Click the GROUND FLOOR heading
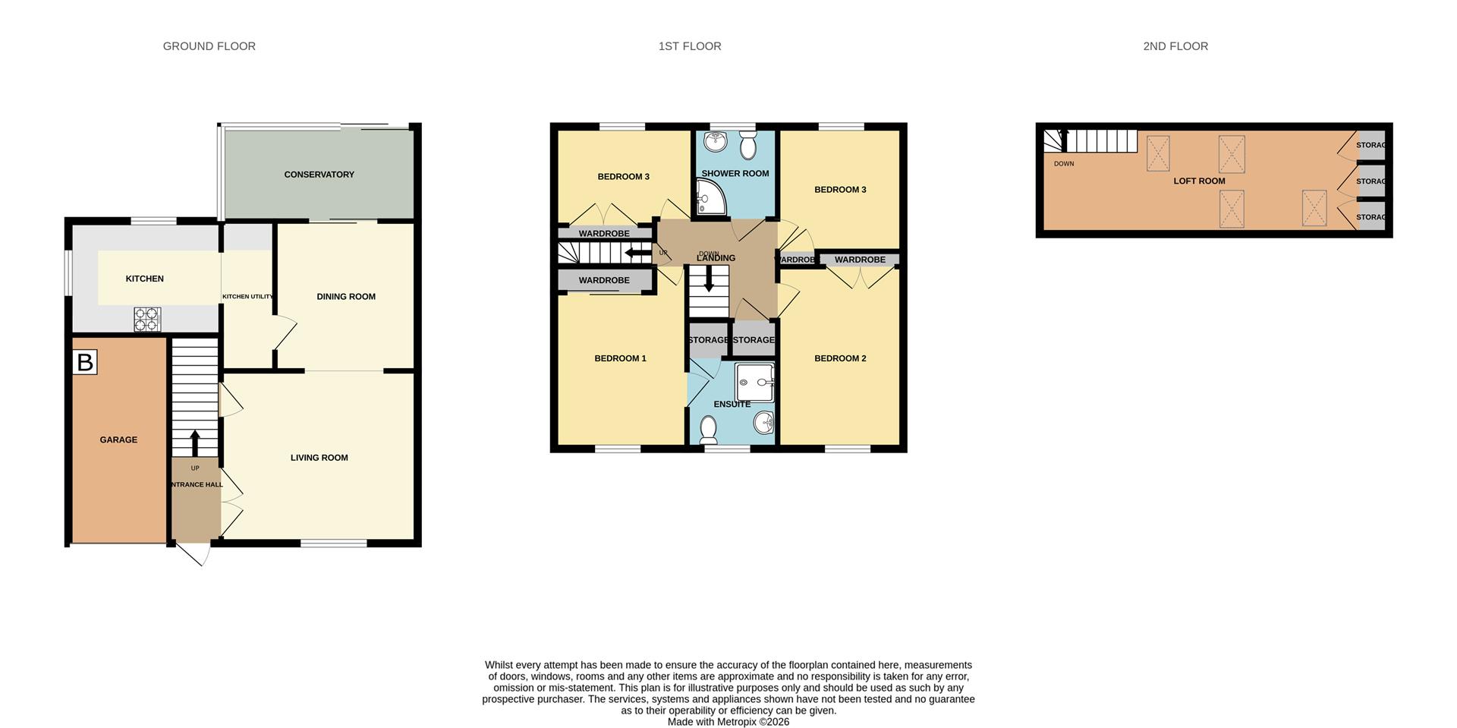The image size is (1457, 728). tap(209, 46)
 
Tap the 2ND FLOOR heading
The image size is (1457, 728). tap(1175, 46)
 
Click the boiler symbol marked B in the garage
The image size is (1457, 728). tap(85, 362)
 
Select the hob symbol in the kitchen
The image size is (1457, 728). tap(147, 319)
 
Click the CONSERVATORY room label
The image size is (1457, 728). tap(319, 175)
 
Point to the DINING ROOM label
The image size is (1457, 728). tap(346, 297)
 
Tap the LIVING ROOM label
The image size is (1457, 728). tap(319, 458)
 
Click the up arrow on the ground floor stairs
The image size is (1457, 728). tap(195, 443)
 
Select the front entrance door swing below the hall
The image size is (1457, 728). tap(193, 554)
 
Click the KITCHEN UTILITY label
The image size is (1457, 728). tap(247, 297)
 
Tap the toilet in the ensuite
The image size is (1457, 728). tap(709, 430)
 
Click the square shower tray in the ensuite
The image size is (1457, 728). tap(754, 383)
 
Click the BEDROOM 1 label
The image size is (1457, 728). tap(620, 358)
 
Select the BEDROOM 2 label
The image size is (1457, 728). tap(840, 358)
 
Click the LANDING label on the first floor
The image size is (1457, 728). tap(716, 258)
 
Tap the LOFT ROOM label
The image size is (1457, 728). tap(1199, 181)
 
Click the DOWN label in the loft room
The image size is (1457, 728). tap(1063, 164)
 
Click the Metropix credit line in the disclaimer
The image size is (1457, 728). tap(728, 722)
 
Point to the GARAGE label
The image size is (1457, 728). tap(118, 440)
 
